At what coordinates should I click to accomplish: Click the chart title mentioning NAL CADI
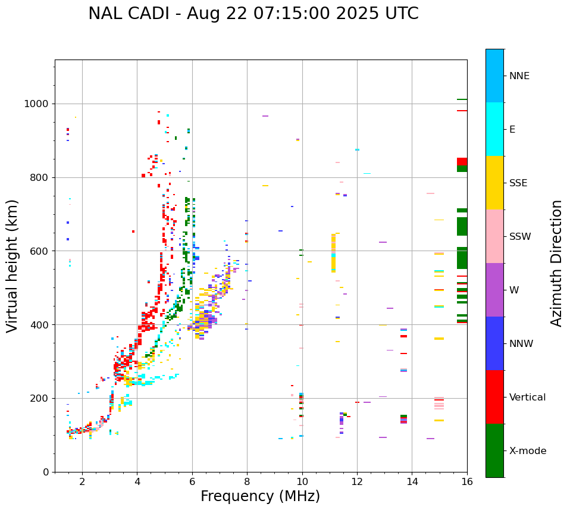253,14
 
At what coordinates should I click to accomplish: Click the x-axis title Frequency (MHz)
260,496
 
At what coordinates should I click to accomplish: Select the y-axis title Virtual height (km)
12,266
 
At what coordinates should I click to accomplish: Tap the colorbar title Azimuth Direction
556,263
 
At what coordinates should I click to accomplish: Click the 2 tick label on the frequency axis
82,481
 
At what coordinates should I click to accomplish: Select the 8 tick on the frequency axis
247,481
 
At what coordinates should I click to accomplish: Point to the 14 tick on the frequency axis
412,481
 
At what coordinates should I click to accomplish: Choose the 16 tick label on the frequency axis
467,481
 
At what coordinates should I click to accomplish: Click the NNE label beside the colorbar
519,76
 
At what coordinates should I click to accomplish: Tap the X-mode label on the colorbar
528,451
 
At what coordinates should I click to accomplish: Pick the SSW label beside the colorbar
520,237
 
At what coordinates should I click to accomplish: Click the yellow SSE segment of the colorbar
494,183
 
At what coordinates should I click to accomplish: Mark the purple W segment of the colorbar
494,290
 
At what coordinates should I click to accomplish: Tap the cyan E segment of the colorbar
494,129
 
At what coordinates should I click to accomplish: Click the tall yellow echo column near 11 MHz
333,253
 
